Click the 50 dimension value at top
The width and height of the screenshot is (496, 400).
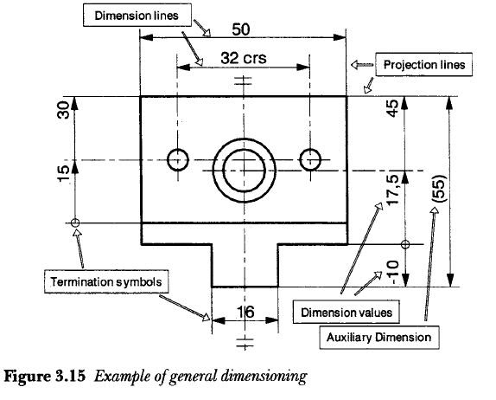pyautogui.click(x=241, y=29)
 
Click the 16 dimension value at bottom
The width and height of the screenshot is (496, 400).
pyautogui.click(x=244, y=313)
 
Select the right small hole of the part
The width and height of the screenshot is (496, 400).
pyautogui.click(x=309, y=159)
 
